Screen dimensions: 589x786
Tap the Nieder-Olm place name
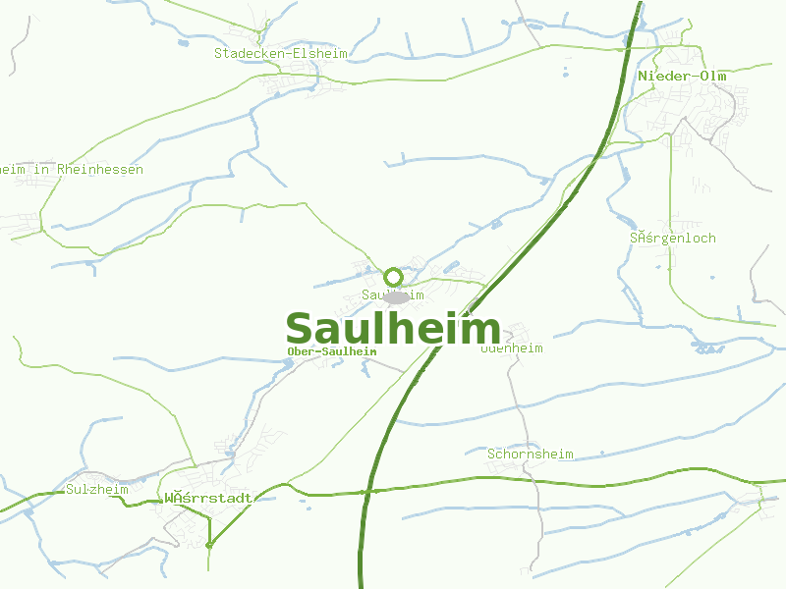coord(679,76)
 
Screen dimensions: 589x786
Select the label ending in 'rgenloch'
coord(673,239)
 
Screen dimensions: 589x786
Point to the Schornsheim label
coord(531,455)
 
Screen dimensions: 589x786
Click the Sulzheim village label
coord(97,489)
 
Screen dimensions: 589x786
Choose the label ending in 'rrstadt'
coord(208,498)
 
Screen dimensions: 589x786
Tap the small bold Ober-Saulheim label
coord(332,351)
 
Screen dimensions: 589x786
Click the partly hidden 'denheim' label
coord(513,348)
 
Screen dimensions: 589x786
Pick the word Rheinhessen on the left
coord(100,170)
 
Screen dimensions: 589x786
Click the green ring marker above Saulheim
coord(394,277)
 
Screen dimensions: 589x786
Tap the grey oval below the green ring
coord(395,296)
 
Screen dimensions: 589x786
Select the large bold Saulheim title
coord(393,329)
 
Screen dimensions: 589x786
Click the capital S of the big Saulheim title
coord(300,329)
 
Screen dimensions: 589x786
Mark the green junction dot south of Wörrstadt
coord(208,544)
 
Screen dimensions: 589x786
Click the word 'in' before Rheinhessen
coord(41,170)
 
